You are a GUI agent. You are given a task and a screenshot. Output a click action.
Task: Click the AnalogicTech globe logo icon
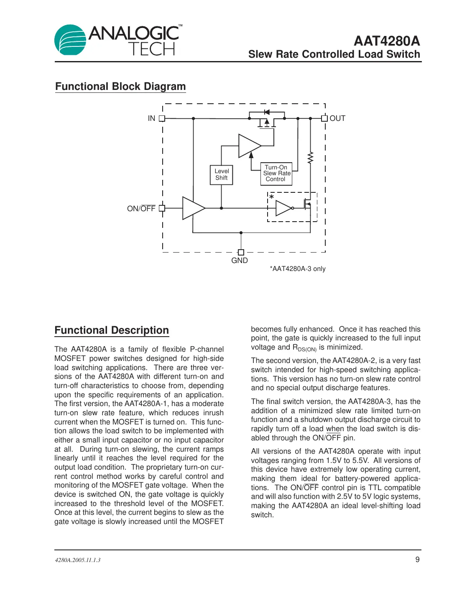point(70,40)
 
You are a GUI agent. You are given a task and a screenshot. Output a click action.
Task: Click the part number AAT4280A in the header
point(386,41)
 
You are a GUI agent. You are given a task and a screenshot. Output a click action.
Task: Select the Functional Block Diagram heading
point(120,87)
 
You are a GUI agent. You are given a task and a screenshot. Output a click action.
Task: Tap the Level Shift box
point(221,174)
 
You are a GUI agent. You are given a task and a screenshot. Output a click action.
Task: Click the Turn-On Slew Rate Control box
point(276,173)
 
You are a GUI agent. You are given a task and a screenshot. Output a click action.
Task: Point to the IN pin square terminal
point(162,118)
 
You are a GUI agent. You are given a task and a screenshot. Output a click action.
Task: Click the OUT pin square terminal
point(324,118)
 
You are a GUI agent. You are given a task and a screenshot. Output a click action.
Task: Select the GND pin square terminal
point(241,252)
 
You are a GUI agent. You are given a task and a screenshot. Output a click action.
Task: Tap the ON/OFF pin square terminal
point(162,208)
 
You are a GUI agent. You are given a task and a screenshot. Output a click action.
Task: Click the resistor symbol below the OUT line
point(310,158)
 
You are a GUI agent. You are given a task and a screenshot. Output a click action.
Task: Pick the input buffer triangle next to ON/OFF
point(193,208)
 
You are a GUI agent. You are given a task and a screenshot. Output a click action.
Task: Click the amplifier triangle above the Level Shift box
point(249,146)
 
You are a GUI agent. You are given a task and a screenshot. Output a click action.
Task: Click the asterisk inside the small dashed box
point(272,197)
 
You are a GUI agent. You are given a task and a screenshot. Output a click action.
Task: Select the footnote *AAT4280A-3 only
point(297,269)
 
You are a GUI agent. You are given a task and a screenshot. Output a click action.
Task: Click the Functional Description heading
point(112,330)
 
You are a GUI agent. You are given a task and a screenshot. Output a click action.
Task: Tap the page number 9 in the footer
point(417,560)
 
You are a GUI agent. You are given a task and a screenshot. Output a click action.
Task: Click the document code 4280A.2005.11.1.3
point(78,560)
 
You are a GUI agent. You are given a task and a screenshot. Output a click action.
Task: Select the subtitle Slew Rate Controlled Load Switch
point(334,54)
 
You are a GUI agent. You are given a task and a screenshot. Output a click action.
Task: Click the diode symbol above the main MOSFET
point(267,112)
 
